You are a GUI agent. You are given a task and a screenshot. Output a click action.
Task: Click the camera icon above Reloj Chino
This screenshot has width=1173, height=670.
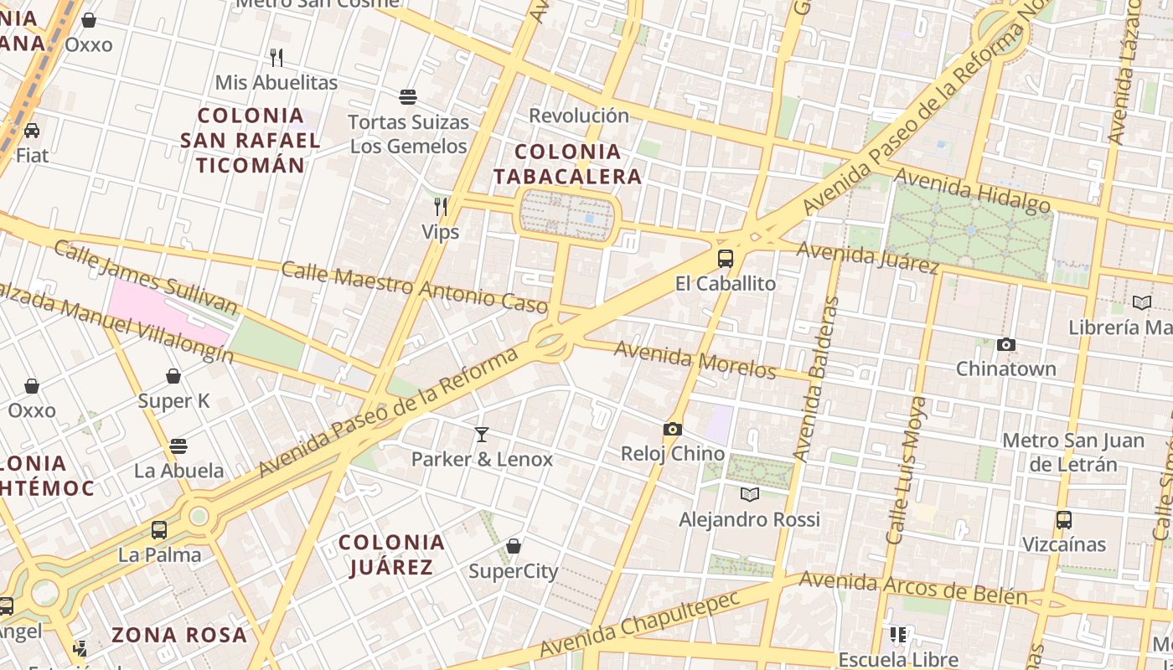[672, 430]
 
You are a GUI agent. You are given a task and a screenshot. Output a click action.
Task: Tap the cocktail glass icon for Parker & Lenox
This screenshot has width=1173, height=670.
[482, 434]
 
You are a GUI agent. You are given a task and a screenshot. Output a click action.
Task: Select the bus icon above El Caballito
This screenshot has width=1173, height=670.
[726, 259]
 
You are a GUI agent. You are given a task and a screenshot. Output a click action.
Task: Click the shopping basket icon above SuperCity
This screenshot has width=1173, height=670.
[514, 547]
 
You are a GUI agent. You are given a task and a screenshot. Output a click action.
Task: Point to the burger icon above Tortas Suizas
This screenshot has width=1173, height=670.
[408, 97]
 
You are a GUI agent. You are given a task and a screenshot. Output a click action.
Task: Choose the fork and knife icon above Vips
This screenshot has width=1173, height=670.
[441, 206]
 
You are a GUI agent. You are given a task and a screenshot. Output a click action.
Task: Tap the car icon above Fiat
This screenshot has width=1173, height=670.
[32, 131]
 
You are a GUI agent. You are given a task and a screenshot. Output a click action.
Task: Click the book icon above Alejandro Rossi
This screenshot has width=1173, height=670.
[750, 494]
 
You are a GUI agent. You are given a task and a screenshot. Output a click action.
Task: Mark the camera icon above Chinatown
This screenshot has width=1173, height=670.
[1006, 344]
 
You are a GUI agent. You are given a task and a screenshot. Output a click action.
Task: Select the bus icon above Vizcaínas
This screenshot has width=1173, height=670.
[1064, 520]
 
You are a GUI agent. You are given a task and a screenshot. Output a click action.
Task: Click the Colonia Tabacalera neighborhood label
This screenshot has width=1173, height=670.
[567, 164]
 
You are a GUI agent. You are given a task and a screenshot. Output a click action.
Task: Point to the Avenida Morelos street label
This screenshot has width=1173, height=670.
[695, 359]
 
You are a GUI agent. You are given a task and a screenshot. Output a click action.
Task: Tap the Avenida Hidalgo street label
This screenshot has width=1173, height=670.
[972, 190]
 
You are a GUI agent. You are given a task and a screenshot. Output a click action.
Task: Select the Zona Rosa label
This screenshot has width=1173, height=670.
[179, 635]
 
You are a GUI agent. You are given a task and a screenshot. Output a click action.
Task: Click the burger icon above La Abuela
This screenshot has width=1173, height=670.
[178, 446]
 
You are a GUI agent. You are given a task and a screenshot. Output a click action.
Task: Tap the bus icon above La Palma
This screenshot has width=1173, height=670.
[159, 530]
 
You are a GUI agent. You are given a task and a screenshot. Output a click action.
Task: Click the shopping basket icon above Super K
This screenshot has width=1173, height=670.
[173, 376]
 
